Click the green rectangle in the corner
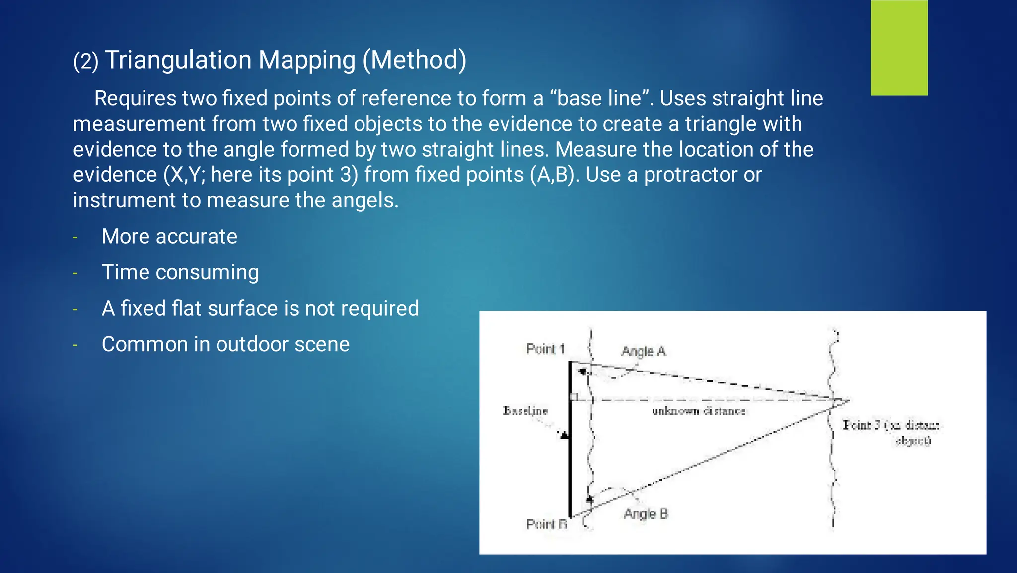899,48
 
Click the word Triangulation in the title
178,60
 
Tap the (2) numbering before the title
85,62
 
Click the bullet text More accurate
169,237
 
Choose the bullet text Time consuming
180,272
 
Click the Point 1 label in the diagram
545,349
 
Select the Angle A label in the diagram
643,352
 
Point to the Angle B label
646,514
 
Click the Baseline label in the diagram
525,411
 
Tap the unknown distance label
698,411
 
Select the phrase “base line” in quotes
602,98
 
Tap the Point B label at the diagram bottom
546,524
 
